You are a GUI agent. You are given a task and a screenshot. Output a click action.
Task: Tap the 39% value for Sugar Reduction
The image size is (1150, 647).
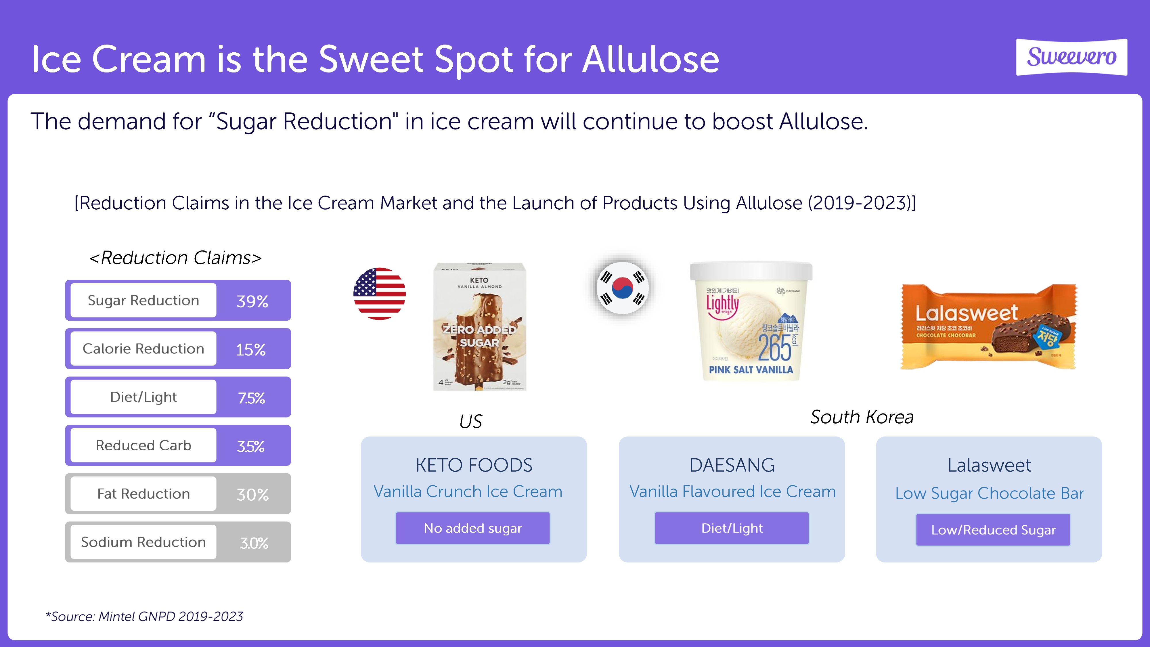tap(252, 301)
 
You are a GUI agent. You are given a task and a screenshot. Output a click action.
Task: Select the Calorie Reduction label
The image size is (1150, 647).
tap(143, 349)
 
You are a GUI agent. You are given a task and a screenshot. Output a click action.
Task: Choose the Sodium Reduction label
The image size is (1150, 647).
tap(143, 542)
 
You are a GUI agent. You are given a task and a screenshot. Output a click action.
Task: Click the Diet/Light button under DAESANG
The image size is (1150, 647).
tap(732, 528)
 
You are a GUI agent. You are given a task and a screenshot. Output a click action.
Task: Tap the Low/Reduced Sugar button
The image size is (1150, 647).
tap(993, 530)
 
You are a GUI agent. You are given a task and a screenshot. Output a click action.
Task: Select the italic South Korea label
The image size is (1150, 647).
tap(862, 417)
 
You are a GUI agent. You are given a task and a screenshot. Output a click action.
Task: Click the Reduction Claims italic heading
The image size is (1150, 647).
tap(175, 258)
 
